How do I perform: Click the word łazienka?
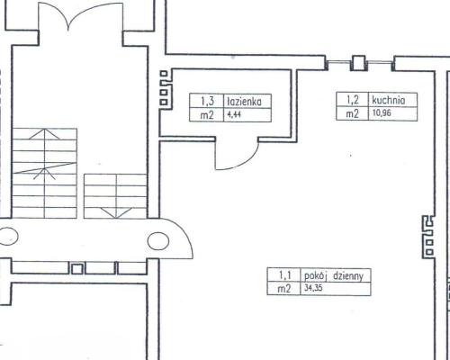point(244,102)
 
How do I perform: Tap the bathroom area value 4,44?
point(234,115)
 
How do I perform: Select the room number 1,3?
point(207,101)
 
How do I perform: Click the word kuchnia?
point(388,100)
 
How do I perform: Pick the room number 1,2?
point(353,100)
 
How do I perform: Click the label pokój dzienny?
point(334,276)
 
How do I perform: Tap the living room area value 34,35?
point(313,288)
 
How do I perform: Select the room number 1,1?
point(285,274)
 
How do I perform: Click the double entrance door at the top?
point(80,15)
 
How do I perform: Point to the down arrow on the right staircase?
point(115,212)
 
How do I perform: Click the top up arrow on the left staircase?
point(45,134)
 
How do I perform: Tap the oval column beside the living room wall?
point(158,240)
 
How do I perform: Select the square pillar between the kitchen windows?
point(358,63)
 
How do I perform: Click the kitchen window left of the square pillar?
point(338,62)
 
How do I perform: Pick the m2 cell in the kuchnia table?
point(352,114)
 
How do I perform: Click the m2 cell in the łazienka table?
point(207,115)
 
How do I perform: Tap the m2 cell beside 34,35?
point(284,289)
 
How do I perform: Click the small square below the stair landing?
point(77,269)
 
